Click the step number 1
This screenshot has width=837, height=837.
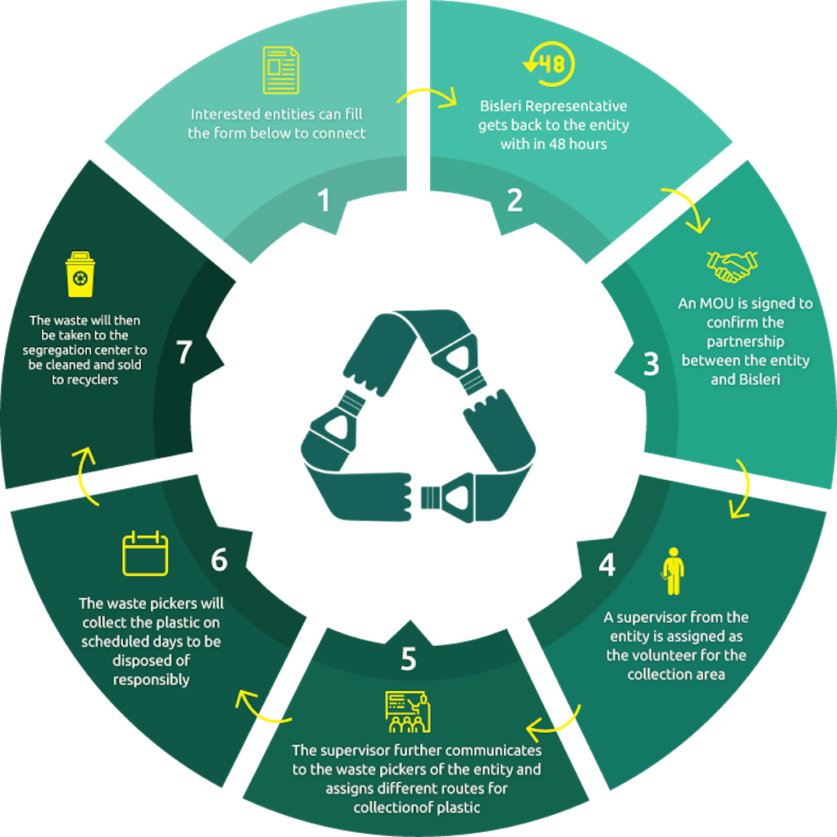click(323, 201)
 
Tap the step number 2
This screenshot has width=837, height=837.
click(515, 200)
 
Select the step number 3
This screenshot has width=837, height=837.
click(652, 364)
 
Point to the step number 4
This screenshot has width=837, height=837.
click(607, 565)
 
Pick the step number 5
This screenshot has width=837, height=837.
click(409, 659)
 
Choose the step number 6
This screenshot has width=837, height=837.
click(219, 560)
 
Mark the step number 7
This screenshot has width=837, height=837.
click(184, 352)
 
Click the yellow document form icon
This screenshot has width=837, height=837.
click(281, 70)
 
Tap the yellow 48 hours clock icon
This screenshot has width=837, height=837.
click(550, 64)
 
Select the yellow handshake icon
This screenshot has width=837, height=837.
click(732, 266)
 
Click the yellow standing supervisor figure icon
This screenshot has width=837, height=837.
click(673, 571)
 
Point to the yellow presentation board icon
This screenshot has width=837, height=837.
click(408, 711)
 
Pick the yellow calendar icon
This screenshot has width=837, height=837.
click(145, 553)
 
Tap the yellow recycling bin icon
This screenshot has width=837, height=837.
click(80, 274)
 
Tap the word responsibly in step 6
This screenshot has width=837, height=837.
click(151, 679)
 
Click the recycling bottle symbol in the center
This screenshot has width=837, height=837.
click(418, 415)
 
